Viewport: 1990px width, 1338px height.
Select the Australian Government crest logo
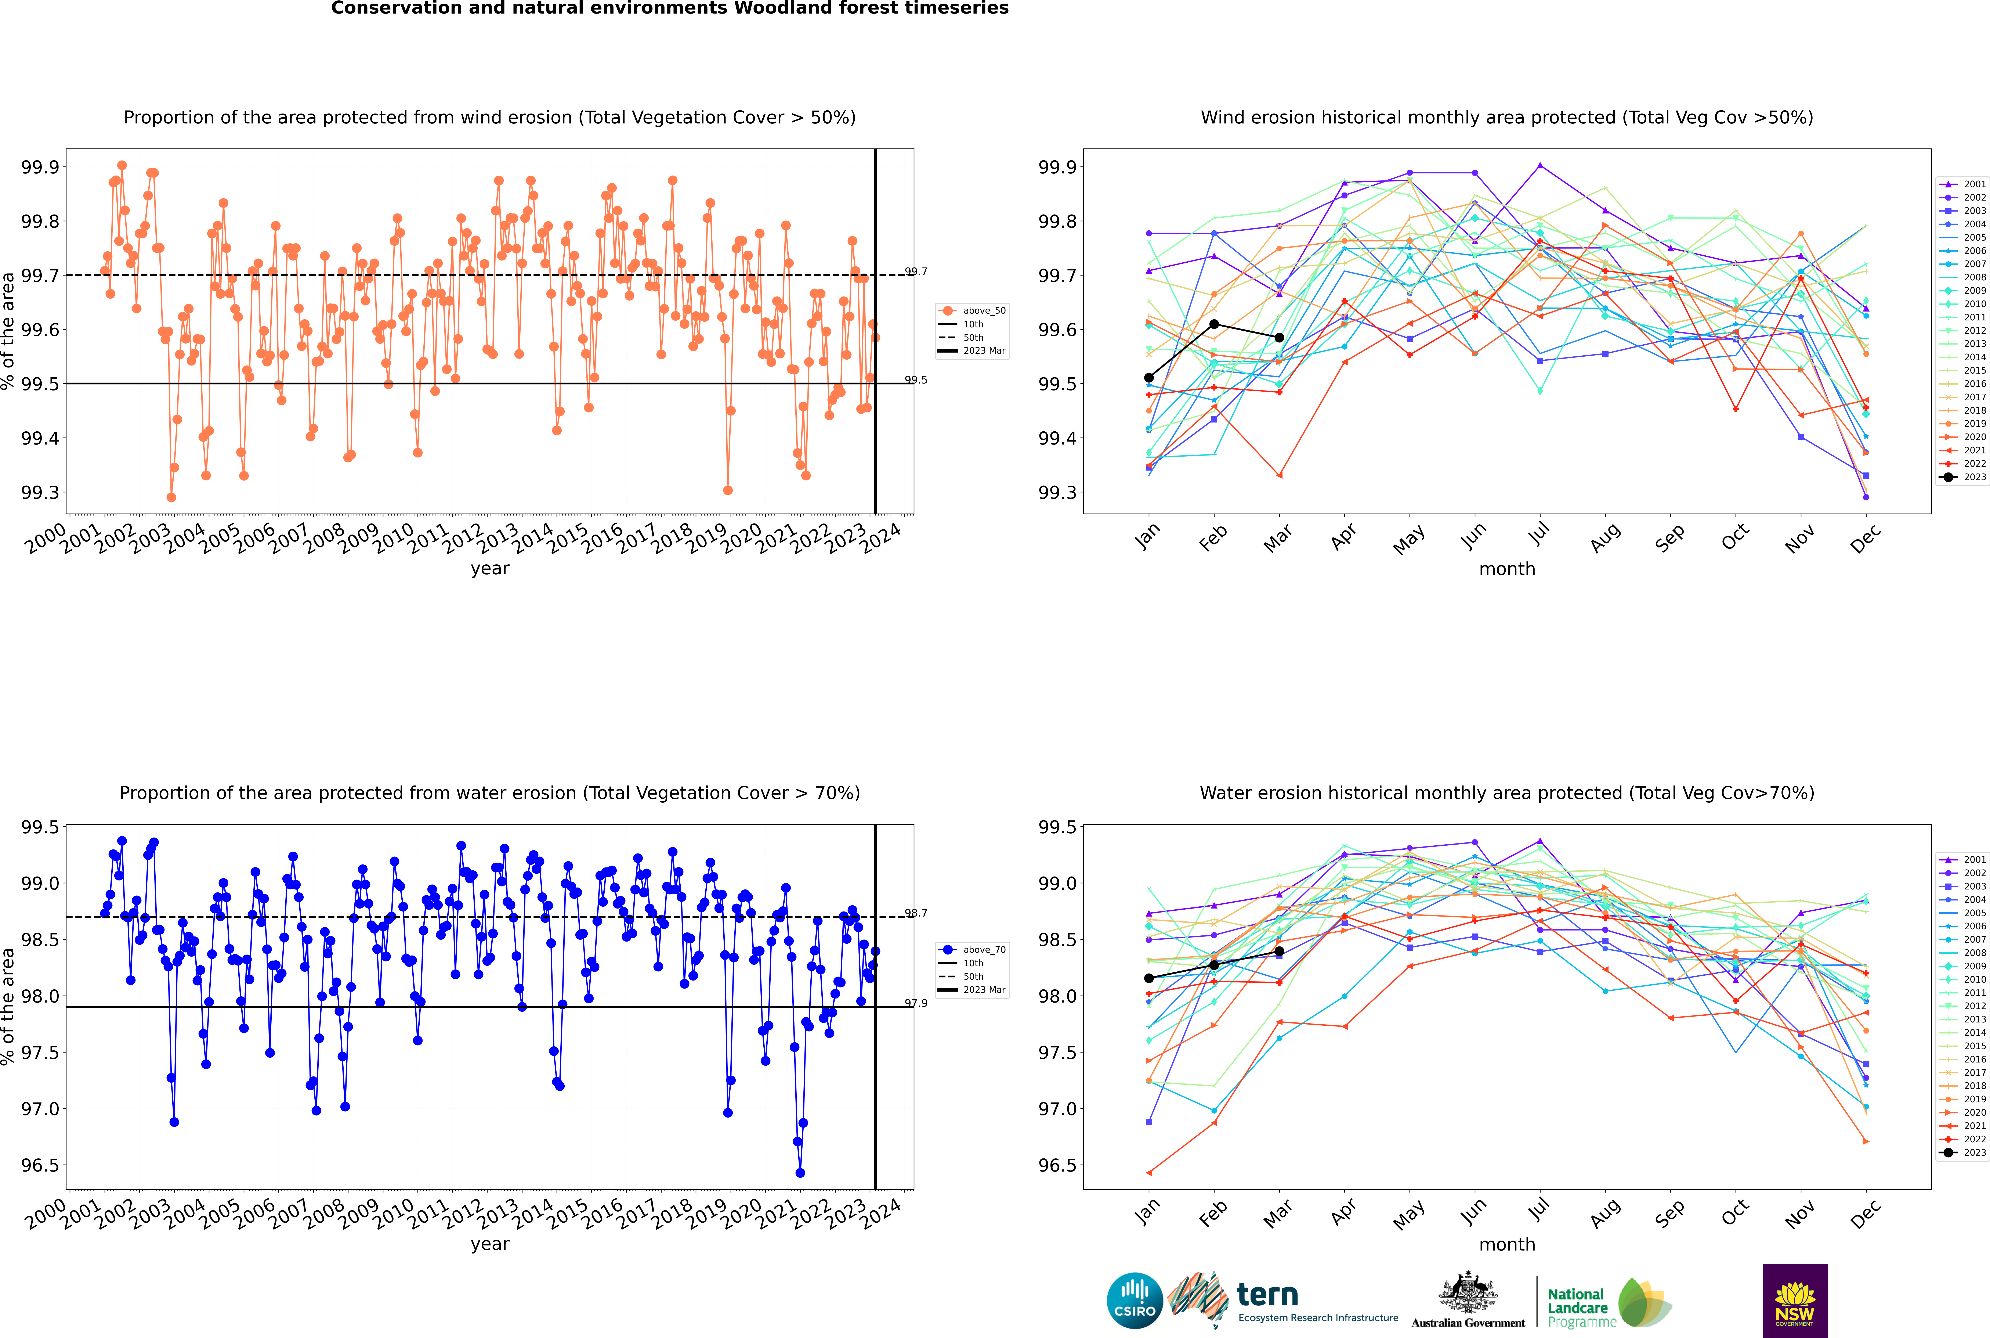click(x=1467, y=1299)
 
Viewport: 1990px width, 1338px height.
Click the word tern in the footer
click(x=1267, y=1295)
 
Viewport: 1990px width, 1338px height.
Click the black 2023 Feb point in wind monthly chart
click(x=1214, y=324)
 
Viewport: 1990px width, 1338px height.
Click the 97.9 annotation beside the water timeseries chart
click(x=916, y=1003)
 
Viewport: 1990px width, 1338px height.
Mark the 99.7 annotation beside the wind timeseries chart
click(x=916, y=272)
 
